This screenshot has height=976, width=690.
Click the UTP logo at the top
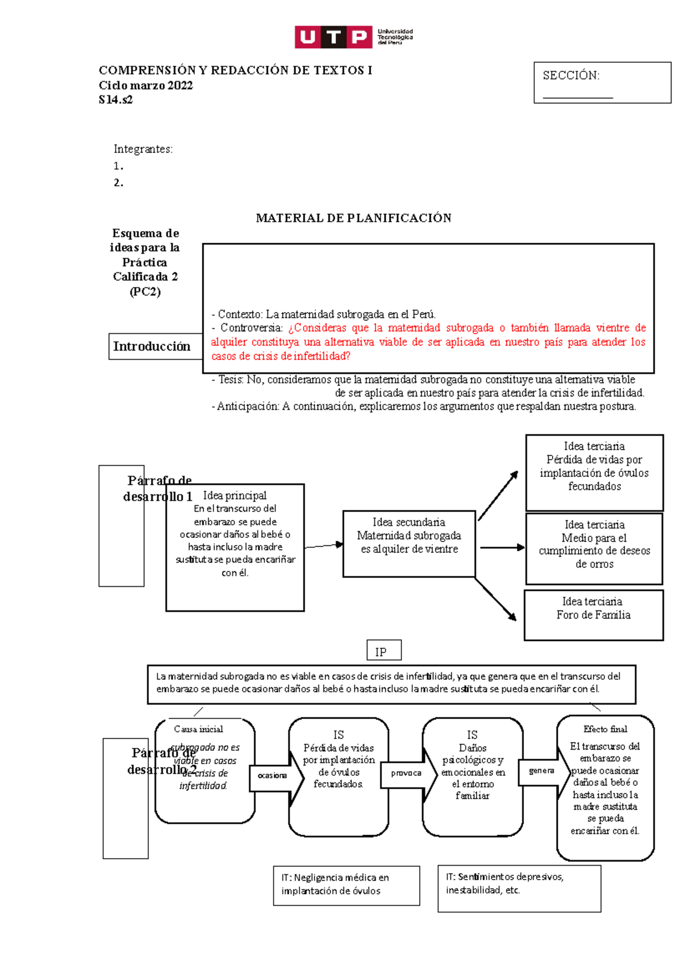(x=353, y=37)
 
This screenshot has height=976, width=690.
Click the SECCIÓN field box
(x=602, y=83)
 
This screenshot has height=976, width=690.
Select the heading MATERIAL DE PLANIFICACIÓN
(x=353, y=218)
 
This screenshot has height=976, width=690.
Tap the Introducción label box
(x=152, y=346)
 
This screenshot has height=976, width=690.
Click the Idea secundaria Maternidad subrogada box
(x=409, y=543)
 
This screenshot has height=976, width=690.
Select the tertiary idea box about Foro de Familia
(x=593, y=614)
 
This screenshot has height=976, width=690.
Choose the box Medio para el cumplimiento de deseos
(x=594, y=549)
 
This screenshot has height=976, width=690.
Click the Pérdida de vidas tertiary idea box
(x=594, y=472)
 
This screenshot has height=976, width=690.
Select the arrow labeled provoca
(x=407, y=773)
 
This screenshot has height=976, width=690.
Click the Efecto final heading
(x=605, y=729)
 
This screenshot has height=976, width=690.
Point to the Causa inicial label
(x=198, y=729)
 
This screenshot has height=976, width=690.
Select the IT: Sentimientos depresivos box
(x=519, y=887)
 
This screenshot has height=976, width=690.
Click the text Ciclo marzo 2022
(x=145, y=86)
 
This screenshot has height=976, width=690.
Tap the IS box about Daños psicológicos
(x=472, y=776)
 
